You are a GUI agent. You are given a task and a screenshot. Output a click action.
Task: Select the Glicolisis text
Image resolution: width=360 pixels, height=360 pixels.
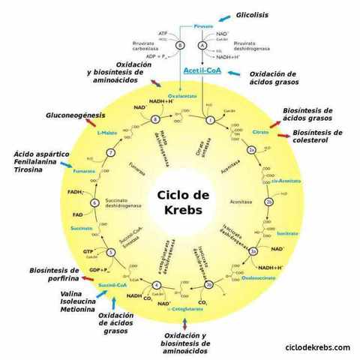click(252, 15)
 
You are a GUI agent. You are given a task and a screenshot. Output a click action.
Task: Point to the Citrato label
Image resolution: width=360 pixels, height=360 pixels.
click(260, 131)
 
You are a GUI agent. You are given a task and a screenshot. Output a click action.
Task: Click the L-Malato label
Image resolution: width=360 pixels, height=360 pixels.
click(108, 132)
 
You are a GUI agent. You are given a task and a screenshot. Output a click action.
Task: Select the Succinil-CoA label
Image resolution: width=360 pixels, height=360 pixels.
click(112, 286)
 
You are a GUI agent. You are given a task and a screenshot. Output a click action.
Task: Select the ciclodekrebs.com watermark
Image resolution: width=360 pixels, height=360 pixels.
click(318, 347)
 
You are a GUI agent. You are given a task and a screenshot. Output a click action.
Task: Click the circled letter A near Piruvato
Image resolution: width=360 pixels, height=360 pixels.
click(202, 46)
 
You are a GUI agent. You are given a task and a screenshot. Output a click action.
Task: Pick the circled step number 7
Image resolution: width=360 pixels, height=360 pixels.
click(110, 153)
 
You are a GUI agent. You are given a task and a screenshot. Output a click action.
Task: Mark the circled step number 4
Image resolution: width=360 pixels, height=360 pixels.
click(156, 285)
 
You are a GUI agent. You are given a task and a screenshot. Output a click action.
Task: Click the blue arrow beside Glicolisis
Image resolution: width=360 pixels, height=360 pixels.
click(223, 16)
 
